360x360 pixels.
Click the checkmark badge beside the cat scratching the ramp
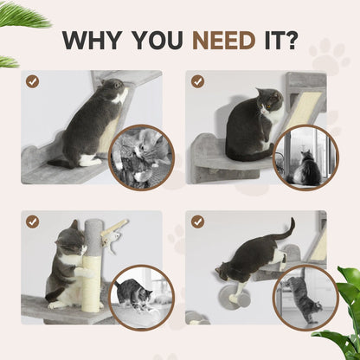click(32, 81)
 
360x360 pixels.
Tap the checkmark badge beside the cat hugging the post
click(32, 222)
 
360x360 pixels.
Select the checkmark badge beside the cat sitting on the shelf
click(198, 81)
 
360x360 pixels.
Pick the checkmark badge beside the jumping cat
click(198, 222)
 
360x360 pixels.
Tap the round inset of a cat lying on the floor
click(141, 297)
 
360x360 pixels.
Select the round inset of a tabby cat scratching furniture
click(306, 297)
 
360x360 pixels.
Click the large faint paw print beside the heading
click(328, 55)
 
